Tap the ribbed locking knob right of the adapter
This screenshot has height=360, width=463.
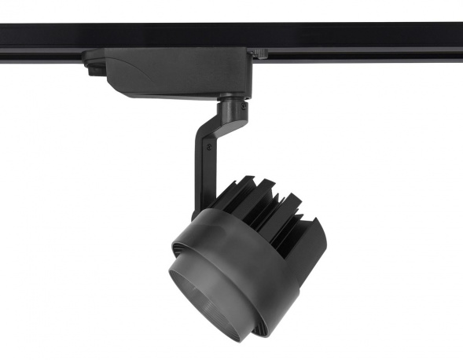(x=260, y=53)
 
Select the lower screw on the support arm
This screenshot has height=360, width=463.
(x=210, y=145)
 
